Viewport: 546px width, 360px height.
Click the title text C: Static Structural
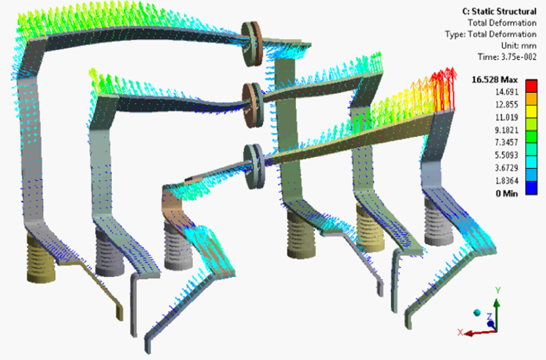pyautogui.click(x=499, y=12)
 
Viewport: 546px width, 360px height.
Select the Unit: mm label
pyautogui.click(x=519, y=46)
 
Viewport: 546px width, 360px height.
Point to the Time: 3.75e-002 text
pyautogui.click(x=507, y=57)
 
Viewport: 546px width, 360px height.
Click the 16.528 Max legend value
pyautogui.click(x=495, y=80)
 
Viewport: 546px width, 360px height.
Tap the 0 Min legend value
pyautogui.click(x=507, y=193)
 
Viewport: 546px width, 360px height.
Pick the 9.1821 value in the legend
pyautogui.click(x=507, y=130)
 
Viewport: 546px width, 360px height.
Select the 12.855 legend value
pyautogui.click(x=507, y=105)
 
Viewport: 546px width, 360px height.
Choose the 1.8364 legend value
pyautogui.click(x=507, y=181)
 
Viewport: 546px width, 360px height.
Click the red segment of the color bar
pyautogui.click(x=531, y=86)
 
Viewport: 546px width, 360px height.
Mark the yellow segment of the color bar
pyautogui.click(x=531, y=112)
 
